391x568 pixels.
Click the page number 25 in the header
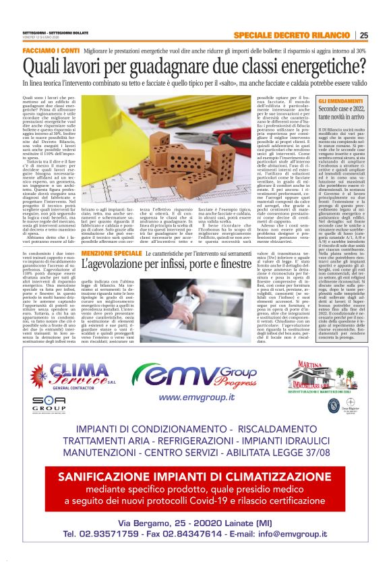click(x=364, y=36)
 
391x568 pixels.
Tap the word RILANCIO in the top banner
click(x=326, y=36)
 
